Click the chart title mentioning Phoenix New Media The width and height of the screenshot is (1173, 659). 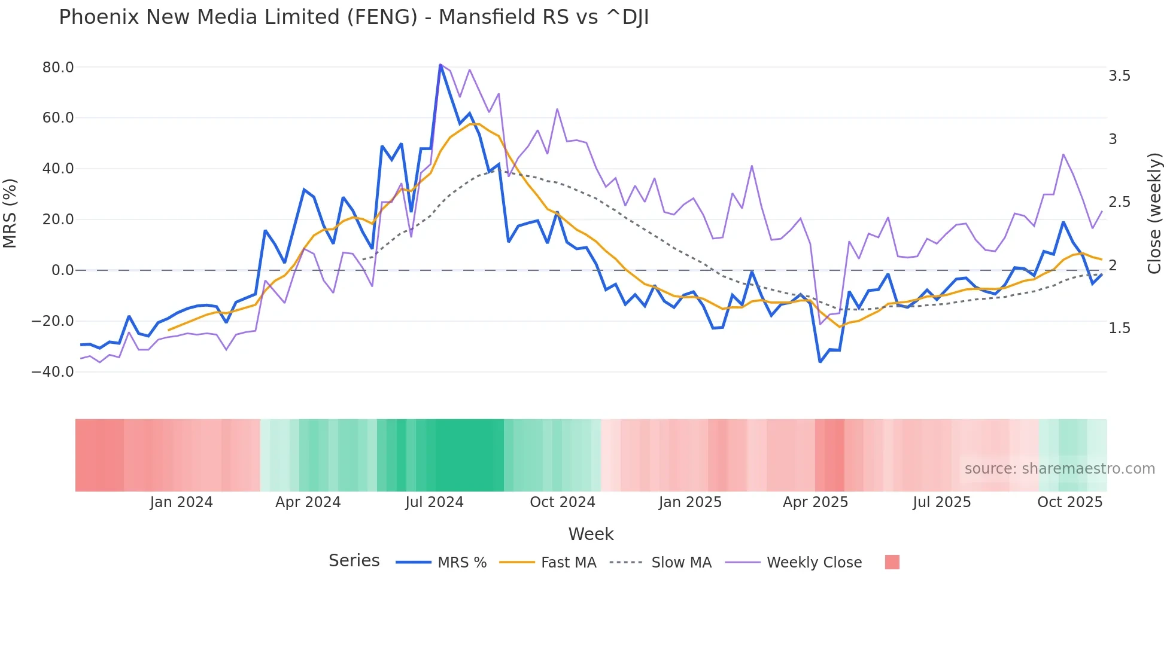[353, 17]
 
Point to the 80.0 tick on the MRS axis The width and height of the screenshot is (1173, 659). [58, 68]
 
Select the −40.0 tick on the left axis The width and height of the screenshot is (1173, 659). [53, 372]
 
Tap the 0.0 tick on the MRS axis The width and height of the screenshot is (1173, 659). [63, 270]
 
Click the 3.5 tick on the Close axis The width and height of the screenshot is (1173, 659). [1119, 76]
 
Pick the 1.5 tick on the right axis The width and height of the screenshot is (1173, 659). [1119, 328]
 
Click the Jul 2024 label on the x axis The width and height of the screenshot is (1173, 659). [434, 502]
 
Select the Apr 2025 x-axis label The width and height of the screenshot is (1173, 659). [815, 502]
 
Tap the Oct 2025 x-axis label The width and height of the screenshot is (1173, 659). [1069, 502]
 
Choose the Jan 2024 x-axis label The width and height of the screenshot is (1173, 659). [181, 502]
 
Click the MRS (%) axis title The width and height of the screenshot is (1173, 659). [10, 213]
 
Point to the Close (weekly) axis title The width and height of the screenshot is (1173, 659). [1154, 213]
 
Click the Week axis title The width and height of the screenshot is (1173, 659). [591, 534]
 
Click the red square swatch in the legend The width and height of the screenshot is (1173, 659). [892, 562]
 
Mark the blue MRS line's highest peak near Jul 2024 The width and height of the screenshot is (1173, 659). [440, 65]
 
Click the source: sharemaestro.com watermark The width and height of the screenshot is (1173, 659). [1059, 469]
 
